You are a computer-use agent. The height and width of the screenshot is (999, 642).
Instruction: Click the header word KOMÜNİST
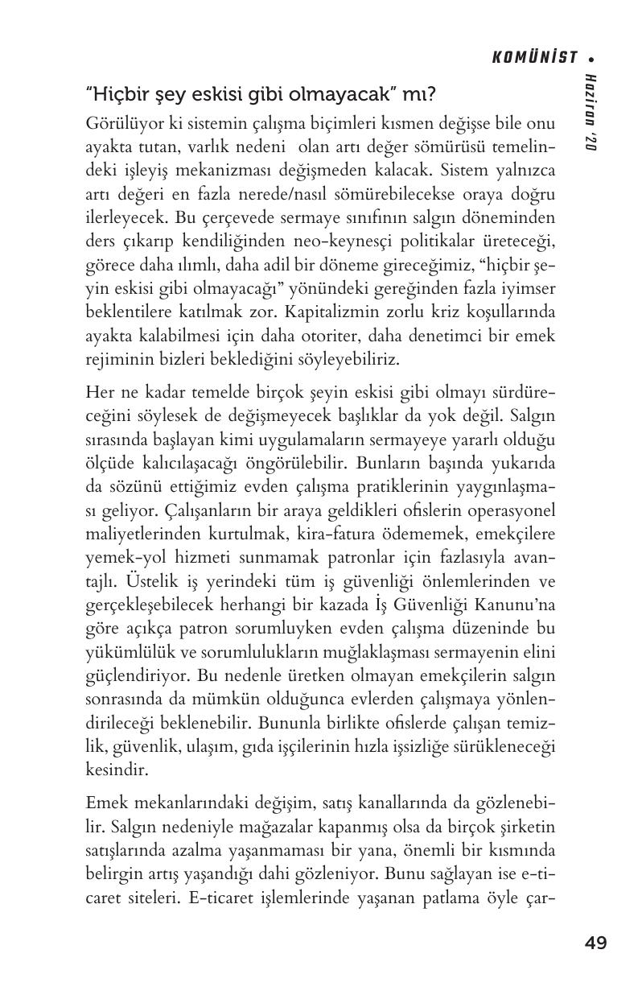point(535,57)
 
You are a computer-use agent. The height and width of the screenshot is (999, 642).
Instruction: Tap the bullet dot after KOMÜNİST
point(591,58)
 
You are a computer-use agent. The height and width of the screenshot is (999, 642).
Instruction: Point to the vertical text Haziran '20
point(591,112)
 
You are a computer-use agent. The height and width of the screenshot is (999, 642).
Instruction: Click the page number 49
point(596,943)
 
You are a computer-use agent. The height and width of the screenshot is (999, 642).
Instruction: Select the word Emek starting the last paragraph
point(103,803)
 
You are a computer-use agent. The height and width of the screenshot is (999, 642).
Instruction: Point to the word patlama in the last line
point(455,897)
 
